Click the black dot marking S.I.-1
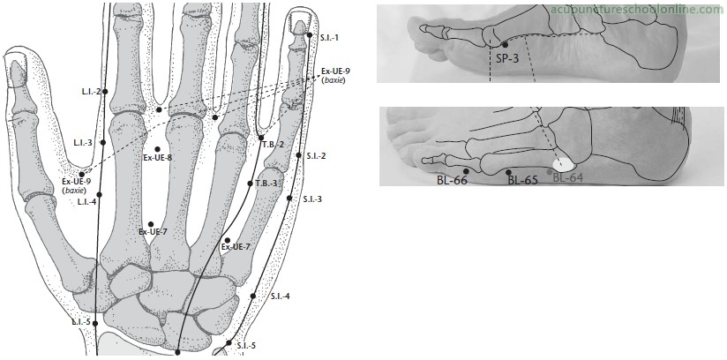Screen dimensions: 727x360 (310, 34)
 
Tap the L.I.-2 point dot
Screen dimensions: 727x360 (105, 92)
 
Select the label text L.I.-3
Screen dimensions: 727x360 (84, 142)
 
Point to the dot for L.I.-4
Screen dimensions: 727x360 (99, 194)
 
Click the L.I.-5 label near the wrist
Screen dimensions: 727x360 (81, 321)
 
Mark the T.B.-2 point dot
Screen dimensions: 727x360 (261, 138)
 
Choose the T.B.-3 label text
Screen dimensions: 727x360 (266, 184)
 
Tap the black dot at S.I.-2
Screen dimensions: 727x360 (298, 155)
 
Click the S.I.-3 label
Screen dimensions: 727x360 (312, 199)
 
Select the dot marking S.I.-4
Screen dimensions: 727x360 (252, 296)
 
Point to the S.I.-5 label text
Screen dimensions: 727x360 (246, 346)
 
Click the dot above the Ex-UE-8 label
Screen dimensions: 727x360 (158, 149)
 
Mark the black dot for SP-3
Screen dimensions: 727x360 (505, 45)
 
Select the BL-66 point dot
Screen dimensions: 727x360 (466, 171)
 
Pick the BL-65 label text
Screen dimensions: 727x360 (522, 180)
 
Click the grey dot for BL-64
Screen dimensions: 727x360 (550, 172)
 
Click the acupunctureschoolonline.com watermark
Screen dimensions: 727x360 (637, 10)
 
